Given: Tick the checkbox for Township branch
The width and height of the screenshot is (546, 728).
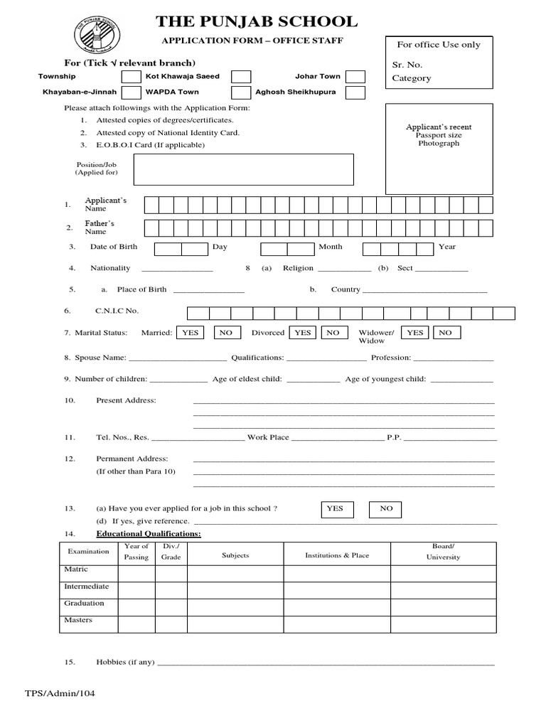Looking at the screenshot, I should pyautogui.click(x=131, y=77).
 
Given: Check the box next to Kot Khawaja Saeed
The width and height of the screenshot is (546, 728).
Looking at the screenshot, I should pyautogui.click(x=241, y=77).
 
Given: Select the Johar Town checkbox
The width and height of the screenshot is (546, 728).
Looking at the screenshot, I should pyautogui.click(x=355, y=77).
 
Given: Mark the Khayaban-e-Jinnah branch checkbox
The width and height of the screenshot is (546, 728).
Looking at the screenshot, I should pyautogui.click(x=131, y=92).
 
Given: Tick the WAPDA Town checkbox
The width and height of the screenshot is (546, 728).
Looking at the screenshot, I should pyautogui.click(x=241, y=92).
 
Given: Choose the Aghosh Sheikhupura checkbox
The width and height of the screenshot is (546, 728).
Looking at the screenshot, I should pyautogui.click(x=355, y=92).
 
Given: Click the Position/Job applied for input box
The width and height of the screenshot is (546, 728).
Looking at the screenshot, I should pyautogui.click(x=243, y=169).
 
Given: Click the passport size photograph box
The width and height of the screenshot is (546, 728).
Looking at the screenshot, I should pyautogui.click(x=438, y=148).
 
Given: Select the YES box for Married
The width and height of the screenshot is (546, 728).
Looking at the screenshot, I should pyautogui.click(x=191, y=333).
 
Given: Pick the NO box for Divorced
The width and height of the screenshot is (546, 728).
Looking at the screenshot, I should pyautogui.click(x=333, y=333).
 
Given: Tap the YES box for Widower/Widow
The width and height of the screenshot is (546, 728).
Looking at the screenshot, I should pyautogui.click(x=415, y=333).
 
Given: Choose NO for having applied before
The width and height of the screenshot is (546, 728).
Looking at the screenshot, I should pyautogui.click(x=385, y=509).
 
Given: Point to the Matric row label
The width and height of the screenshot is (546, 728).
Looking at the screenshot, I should pyautogui.click(x=76, y=569).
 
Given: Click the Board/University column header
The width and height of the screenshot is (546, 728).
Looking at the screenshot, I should pyautogui.click(x=443, y=552).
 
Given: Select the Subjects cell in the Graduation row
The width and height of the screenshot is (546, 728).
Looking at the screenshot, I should pyautogui.click(x=235, y=604).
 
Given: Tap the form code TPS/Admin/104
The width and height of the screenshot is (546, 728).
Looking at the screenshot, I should pyautogui.click(x=60, y=693).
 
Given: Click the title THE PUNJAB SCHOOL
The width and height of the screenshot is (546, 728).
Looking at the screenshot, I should pyautogui.click(x=257, y=22).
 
